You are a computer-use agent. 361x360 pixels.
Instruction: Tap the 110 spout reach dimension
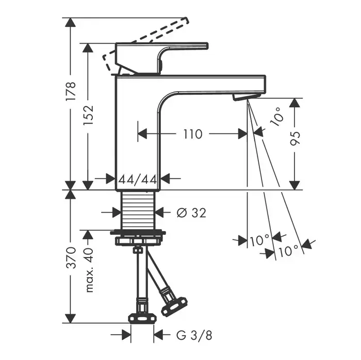pos(192,134)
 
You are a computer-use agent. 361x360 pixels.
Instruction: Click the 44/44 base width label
pos(138,179)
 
